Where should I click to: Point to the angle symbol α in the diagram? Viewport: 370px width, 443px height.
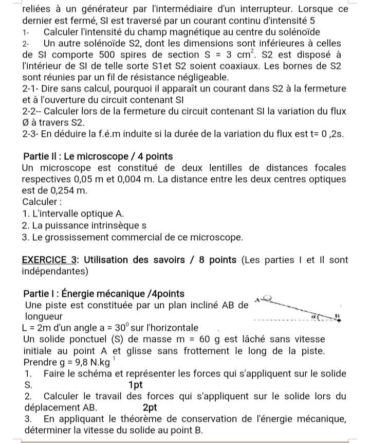(x=324, y=314)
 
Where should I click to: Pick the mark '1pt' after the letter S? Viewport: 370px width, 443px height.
(x=136, y=384)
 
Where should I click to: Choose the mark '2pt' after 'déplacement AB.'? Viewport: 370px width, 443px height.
(x=150, y=407)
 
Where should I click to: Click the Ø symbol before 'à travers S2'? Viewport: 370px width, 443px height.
(x=26, y=122)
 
